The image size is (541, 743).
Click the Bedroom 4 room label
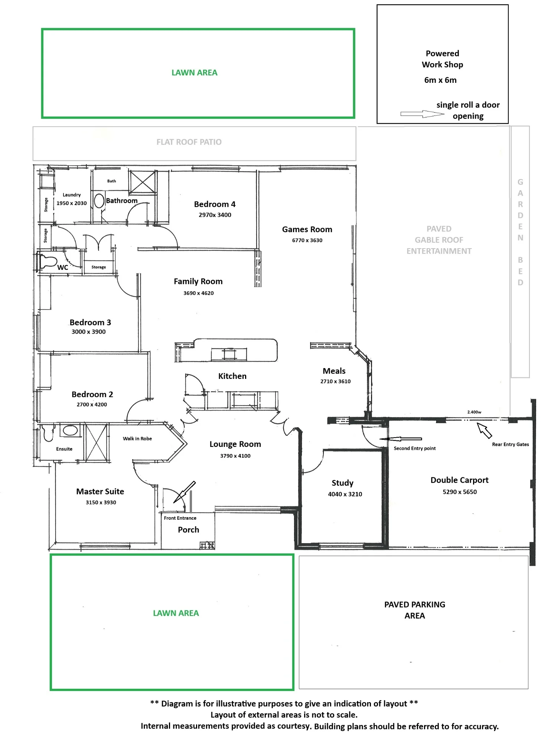pos(215,204)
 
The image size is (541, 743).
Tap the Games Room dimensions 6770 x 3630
pos(307,240)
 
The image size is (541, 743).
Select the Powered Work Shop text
pos(442,59)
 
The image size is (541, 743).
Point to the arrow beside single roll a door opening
pos(422,114)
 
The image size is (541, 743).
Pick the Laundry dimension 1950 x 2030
pos(72,203)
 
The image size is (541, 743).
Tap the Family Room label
pos(198,282)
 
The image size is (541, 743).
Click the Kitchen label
pos(232,376)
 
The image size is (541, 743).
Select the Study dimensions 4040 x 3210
pos(345,494)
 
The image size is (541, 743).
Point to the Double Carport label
pos(459,480)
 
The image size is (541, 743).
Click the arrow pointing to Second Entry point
pos(401,439)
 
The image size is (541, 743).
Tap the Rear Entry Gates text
pos(511,444)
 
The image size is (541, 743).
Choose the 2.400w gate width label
pos(474,412)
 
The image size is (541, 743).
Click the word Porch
pos(188,530)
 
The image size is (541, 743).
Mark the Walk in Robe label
pos(137,439)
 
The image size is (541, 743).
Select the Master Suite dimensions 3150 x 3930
pos(101,503)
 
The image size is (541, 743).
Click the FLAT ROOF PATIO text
pos(189,142)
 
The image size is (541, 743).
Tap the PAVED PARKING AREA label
pos(415,610)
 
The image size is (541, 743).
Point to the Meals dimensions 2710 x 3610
pos(336,382)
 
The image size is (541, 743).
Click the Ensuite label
pos(64,449)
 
